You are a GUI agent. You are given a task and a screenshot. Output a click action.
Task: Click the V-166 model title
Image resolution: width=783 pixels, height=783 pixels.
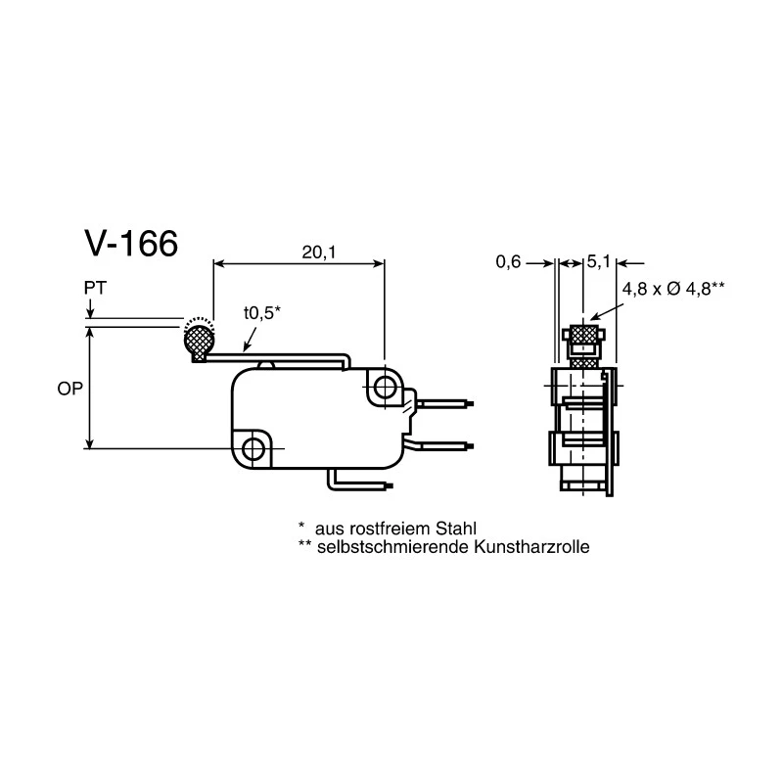point(131,244)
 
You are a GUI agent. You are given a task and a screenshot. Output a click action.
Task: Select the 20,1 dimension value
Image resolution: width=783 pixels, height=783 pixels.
point(319,253)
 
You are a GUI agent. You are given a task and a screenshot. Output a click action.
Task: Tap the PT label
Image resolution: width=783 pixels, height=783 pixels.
point(95,288)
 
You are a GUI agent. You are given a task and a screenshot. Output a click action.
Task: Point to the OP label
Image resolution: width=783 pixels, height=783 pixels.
point(69,389)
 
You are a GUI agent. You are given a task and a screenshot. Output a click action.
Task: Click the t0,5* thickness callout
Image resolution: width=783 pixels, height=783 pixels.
point(262,313)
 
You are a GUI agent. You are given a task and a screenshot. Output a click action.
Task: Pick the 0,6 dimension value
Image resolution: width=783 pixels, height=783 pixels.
point(508,261)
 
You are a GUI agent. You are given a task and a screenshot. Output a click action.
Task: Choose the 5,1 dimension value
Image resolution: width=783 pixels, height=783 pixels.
point(598,261)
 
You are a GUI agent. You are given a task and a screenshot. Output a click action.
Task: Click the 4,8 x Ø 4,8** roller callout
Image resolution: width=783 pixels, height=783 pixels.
point(673,289)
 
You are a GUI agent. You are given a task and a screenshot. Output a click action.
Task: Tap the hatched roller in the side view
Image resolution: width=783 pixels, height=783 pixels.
point(200,342)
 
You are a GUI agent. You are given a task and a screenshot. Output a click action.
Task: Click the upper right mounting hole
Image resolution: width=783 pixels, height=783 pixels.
point(384,387)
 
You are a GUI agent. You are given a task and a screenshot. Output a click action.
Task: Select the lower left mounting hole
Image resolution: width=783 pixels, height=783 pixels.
point(253,448)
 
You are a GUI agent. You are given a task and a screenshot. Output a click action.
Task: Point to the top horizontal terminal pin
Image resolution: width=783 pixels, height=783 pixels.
point(444,403)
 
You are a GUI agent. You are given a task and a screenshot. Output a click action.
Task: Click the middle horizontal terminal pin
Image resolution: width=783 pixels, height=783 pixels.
point(442,445)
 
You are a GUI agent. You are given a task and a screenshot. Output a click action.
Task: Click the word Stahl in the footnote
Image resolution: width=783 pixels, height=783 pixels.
point(456,529)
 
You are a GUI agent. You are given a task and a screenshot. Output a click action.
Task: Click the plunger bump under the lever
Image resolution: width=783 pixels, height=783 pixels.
point(266,364)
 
